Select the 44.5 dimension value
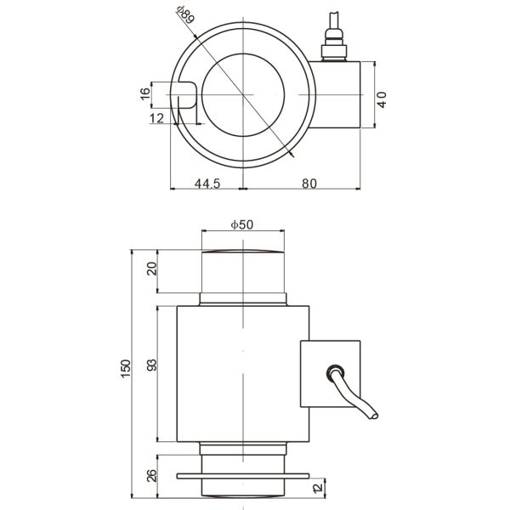207,183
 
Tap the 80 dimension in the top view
308,183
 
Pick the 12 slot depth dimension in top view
156,119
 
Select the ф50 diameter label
242,224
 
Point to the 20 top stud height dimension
151,269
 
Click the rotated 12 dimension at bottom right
316,487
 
